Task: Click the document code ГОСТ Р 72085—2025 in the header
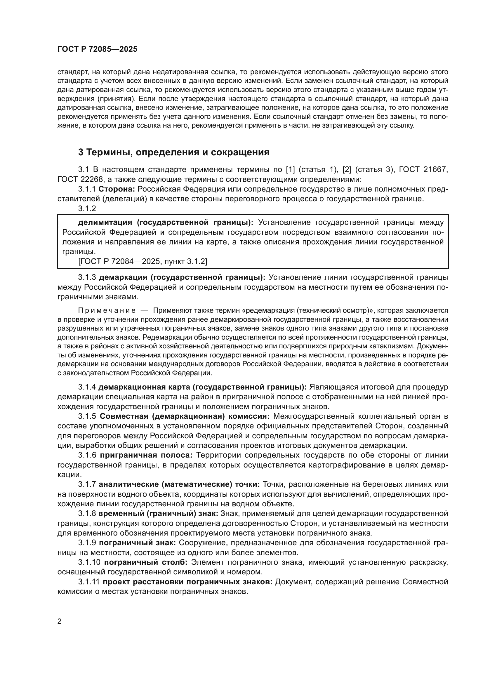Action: (97, 49)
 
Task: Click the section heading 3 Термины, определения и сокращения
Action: (174, 152)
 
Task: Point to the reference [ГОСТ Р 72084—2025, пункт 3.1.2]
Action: (143, 261)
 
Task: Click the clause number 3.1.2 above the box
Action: (87, 209)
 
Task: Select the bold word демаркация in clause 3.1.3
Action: (123, 277)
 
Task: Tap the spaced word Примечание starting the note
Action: (107, 311)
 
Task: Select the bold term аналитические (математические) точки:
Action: (179, 484)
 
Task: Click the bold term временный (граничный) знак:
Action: (159, 513)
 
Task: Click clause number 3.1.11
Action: (90, 582)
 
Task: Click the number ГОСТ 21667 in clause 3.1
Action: (423, 170)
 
